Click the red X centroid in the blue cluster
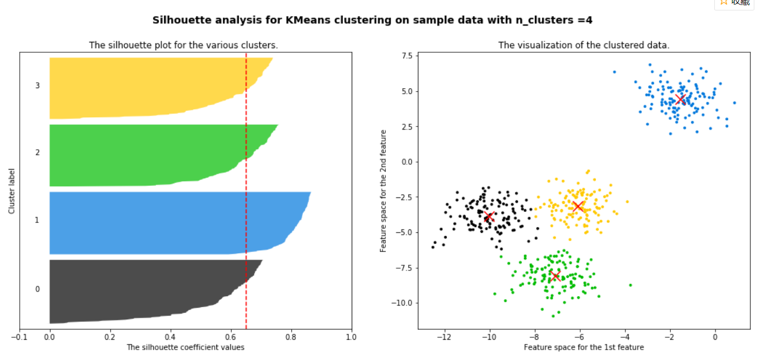[x=681, y=99]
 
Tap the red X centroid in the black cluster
[x=489, y=217]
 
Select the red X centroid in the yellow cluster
[x=578, y=206]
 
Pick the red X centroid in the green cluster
[x=555, y=276]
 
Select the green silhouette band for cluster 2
[x=145, y=155]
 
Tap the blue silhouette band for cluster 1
[x=162, y=223]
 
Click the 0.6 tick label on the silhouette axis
[x=230, y=336]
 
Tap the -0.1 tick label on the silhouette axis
[x=19, y=336]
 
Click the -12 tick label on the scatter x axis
[x=444, y=336]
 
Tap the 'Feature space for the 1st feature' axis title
[x=584, y=347]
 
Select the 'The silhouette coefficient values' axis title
[x=185, y=347]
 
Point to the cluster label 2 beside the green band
[x=38, y=153]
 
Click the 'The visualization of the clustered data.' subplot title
[x=584, y=45]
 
